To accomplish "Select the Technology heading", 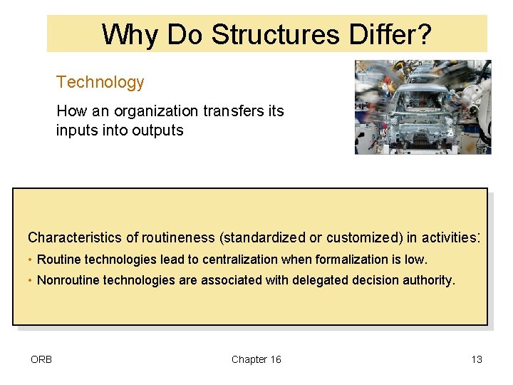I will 100,82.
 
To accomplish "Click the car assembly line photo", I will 423,107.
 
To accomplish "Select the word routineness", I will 179,237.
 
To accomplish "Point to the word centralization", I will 242,260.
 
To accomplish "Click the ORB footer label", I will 41,359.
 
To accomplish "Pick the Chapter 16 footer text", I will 256,359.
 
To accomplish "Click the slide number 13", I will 477,359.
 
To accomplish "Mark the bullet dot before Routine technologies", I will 31,260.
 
